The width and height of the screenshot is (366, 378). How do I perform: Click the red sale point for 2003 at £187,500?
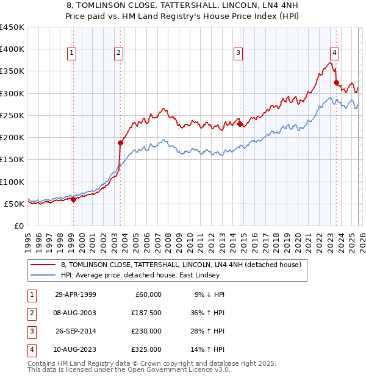tap(120, 143)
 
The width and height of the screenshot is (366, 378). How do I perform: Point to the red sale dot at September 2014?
tap(240, 124)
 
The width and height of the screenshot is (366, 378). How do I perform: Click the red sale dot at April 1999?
tap(73, 199)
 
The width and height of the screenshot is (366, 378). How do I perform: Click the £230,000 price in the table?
tap(146, 331)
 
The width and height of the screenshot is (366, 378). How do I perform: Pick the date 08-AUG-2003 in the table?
tap(75, 313)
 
